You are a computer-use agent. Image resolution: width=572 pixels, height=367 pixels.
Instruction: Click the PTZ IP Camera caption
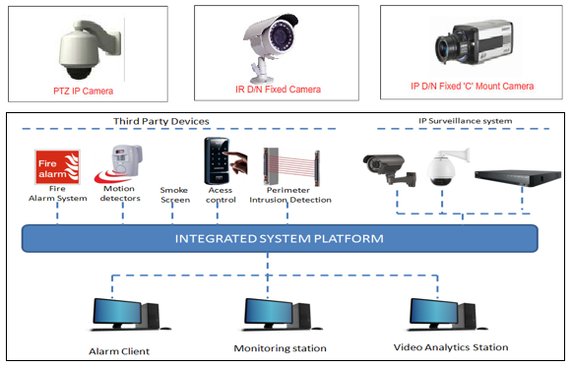(x=83, y=91)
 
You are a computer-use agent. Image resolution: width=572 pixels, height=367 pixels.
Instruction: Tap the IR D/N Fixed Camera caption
(x=278, y=90)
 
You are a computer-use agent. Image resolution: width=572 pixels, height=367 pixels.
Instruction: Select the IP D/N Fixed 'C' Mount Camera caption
(x=472, y=86)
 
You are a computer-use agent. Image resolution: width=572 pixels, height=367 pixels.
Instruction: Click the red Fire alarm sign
(x=57, y=167)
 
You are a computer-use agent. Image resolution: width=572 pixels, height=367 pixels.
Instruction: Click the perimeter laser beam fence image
(x=291, y=166)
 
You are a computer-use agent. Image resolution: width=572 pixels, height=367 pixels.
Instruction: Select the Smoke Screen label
(x=175, y=195)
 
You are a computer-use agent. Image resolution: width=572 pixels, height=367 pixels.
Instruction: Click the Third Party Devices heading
(x=161, y=121)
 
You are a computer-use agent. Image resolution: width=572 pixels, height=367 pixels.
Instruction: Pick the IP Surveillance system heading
(x=465, y=121)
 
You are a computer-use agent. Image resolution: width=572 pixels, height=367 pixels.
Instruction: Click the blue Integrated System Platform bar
(x=280, y=238)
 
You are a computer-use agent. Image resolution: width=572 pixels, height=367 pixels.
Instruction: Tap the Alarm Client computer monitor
(x=117, y=312)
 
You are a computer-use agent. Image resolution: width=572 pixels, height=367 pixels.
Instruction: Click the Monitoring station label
(x=281, y=348)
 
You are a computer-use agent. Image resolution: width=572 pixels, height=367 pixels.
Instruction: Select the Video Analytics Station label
(x=451, y=347)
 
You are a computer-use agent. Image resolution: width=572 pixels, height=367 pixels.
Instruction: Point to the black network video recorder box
(x=518, y=177)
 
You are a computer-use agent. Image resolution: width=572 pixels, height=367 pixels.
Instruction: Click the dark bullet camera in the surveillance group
(x=389, y=168)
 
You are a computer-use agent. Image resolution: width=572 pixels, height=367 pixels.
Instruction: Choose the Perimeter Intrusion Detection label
(x=290, y=195)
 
